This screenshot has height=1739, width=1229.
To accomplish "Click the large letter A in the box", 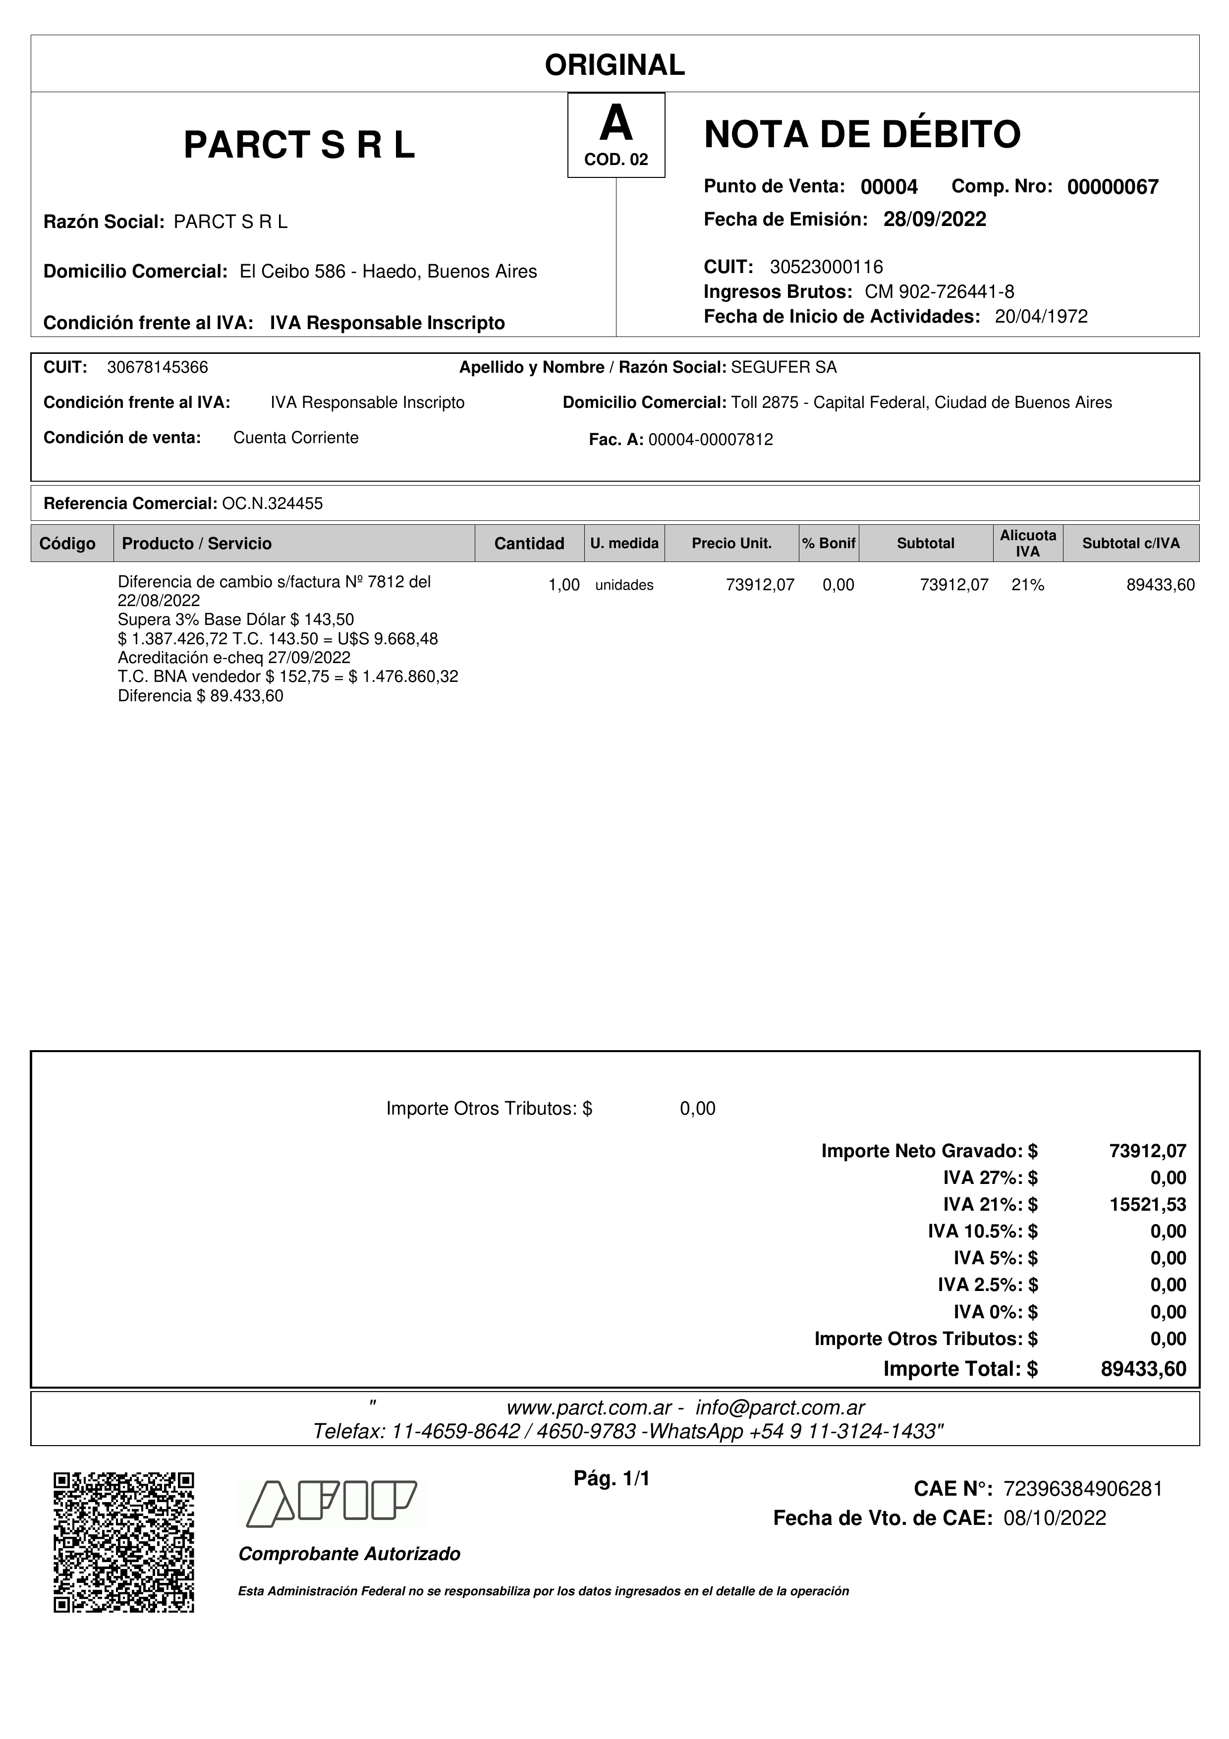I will coord(615,123).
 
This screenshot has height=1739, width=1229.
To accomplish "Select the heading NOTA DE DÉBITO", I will coord(862,135).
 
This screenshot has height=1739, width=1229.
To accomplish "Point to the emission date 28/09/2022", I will coord(935,220).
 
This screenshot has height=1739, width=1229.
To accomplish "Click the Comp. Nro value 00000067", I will coord(1113,187).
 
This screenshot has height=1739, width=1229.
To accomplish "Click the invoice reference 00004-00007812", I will coord(710,440).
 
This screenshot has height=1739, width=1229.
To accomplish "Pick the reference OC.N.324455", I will coord(273,504).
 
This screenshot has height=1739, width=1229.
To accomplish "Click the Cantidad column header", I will coord(529,544).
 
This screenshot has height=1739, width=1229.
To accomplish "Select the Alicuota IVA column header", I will coord(1028,544).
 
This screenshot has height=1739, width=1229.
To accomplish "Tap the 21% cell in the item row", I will coord(1028,585).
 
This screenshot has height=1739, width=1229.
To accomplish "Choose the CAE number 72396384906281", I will coord(1083,1489).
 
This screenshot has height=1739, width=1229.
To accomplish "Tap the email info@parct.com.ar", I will coord(780,1408).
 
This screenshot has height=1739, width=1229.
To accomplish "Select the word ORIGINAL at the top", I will coord(615,65).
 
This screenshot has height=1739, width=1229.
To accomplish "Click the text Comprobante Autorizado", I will coord(349,1554).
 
